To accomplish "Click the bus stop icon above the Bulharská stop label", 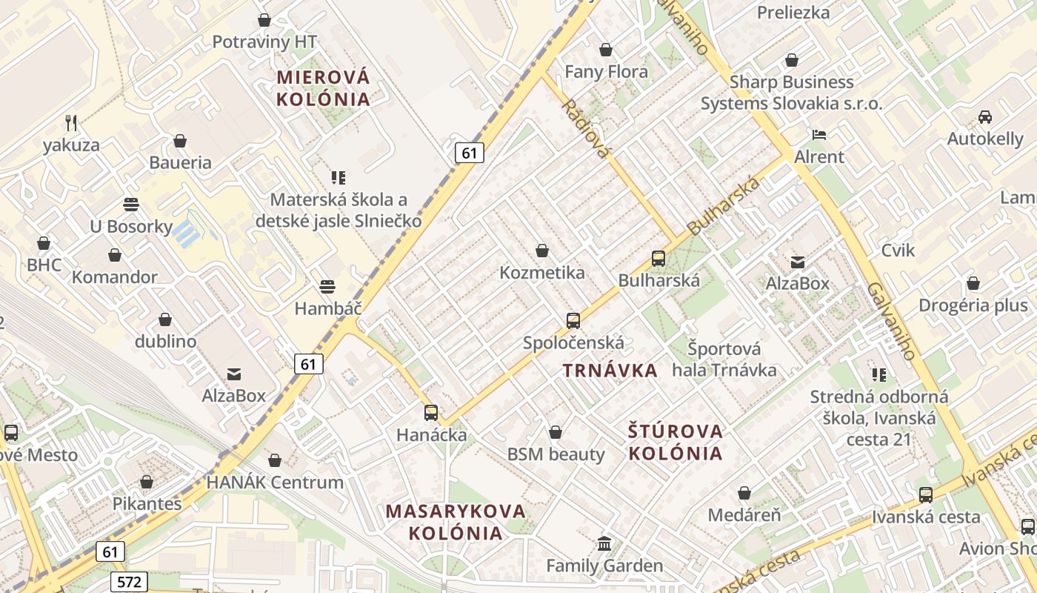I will click(658, 258).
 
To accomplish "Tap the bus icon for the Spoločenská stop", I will click(573, 320).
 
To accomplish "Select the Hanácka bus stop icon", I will click(431, 412).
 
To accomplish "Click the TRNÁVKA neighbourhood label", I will click(610, 371).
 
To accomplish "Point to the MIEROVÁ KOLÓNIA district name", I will click(323, 87).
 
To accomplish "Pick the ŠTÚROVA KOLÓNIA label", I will click(675, 442).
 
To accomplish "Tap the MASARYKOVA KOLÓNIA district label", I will click(456, 522).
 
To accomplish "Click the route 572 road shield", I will click(129, 582).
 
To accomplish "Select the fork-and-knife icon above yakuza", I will click(71, 122).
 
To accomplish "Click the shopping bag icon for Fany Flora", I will click(606, 50).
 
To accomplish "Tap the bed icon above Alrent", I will click(819, 134).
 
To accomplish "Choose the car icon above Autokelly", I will click(985, 116).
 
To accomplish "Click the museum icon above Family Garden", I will click(604, 543).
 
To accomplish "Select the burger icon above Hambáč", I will click(327, 286).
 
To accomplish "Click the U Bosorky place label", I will click(131, 227).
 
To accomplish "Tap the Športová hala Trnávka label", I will click(724, 359).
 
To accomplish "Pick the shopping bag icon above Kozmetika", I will click(542, 251).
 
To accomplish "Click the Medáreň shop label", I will click(744, 514).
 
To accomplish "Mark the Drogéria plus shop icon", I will click(973, 283).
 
